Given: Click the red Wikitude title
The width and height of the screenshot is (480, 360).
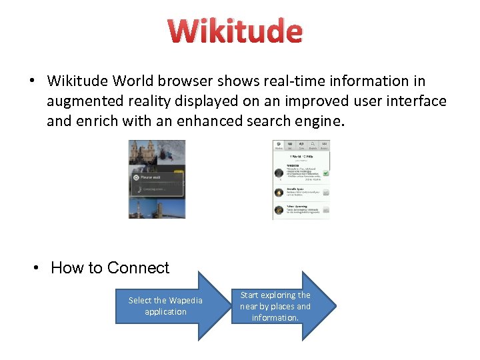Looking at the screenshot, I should [235, 31].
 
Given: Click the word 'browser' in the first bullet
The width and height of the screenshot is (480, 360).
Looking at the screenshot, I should [191, 81].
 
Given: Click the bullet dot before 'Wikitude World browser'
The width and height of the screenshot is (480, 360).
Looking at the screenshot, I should [31, 81].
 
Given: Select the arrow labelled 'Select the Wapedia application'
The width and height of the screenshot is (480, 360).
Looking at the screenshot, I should [167, 306].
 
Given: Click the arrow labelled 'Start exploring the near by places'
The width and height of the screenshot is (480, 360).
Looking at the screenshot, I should [287, 306].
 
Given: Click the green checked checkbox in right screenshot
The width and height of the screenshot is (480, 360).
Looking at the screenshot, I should [325, 173].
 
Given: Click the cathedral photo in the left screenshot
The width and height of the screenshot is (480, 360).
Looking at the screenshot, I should [143, 153].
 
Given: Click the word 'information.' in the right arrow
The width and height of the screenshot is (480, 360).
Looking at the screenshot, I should [275, 318].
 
